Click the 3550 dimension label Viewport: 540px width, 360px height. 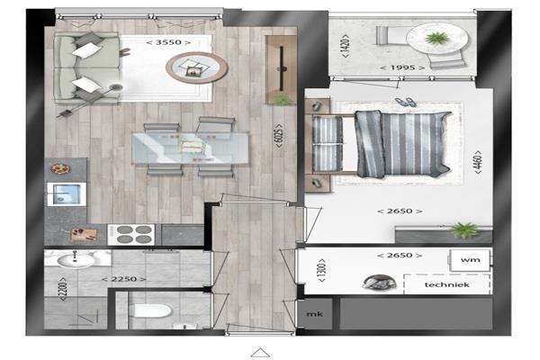pos(168,42)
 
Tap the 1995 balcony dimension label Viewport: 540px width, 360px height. pos(402,67)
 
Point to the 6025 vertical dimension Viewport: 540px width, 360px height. pos(279,136)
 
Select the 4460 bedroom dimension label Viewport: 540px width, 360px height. pos(478,162)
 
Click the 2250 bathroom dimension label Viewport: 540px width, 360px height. pos(123,279)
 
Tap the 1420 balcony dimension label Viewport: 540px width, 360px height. pos(345,46)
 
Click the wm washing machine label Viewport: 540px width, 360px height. pos(471,260)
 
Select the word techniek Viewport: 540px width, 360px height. pos(447,285)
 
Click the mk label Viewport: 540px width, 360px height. pos(315,314)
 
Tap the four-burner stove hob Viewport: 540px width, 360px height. pos(131,235)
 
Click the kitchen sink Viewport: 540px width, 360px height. pos(67,194)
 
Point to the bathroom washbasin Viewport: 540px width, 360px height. pos(76,260)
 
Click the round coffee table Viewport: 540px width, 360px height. pos(196,67)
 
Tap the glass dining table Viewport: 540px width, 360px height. pos(191,148)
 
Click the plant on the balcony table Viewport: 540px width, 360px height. pos(436,38)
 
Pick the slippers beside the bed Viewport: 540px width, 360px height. pos(405,102)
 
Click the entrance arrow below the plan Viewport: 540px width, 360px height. pos(260,353)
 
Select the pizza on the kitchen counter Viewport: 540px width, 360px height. pos(60,169)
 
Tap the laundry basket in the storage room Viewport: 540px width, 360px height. pos(379,282)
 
